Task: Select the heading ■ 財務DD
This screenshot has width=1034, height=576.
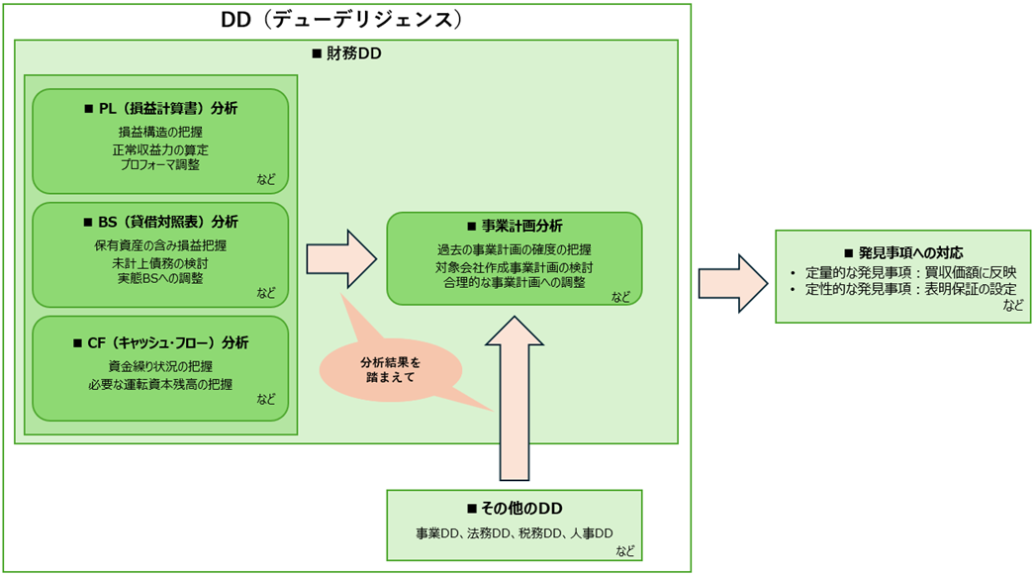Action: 346,53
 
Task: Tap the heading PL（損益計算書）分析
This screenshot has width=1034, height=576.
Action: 160,108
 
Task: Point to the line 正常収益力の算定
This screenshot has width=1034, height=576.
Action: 160,149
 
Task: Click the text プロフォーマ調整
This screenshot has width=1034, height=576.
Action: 160,164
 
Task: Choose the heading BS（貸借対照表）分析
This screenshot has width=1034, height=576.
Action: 160,222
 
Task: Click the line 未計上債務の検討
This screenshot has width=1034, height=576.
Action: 160,263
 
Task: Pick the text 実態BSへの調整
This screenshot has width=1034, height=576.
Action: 160,278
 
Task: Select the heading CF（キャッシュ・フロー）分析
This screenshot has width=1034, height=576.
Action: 160,342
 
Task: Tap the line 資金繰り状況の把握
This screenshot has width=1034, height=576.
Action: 160,366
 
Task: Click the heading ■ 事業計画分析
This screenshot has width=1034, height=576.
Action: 515,227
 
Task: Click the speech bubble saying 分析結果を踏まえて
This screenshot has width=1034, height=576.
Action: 388,368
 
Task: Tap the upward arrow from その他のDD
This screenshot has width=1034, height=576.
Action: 516,396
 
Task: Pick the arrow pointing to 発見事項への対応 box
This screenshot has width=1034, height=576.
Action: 733,282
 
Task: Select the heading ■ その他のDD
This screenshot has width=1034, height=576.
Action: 515,508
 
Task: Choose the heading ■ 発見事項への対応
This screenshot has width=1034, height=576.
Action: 902,252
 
